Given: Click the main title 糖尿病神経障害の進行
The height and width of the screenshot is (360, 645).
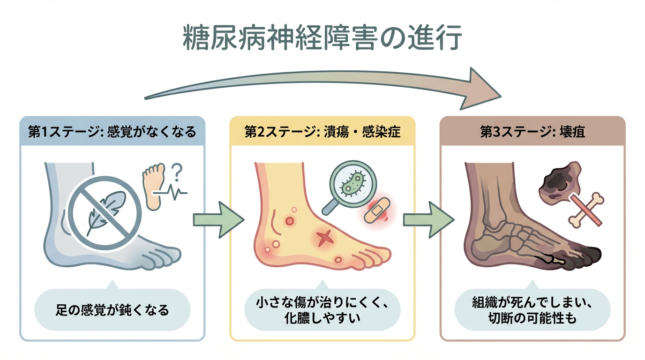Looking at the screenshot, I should pyautogui.click(x=322, y=39).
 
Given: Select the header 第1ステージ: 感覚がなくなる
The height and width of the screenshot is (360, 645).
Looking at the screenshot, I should pyautogui.click(x=112, y=132).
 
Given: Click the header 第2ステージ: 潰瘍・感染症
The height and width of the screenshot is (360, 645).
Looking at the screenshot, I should pyautogui.click(x=322, y=132).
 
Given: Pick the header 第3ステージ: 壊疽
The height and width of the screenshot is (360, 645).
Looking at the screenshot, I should pyautogui.click(x=532, y=132).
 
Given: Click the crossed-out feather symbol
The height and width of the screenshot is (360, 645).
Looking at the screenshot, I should pyautogui.click(x=105, y=213).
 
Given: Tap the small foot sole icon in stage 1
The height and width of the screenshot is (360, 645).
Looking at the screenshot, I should pyautogui.click(x=153, y=185).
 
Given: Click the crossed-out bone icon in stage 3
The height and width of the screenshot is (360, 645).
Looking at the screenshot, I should pyautogui.click(x=585, y=210).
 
